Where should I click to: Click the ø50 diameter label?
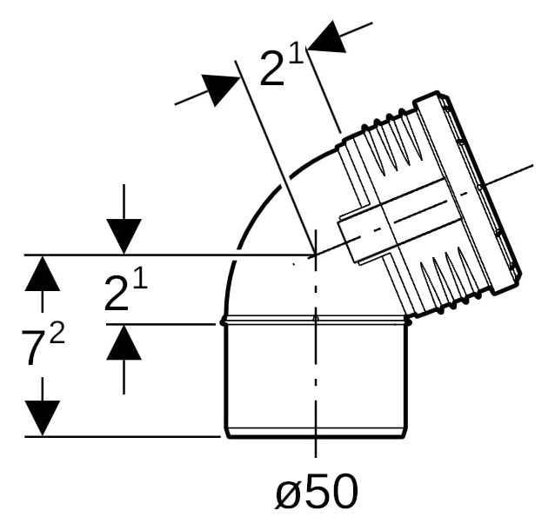[317, 491]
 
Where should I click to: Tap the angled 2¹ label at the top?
[282, 68]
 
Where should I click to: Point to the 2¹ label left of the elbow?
[125, 291]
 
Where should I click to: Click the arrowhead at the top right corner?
[328, 36]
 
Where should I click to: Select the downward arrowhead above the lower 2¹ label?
[124, 236]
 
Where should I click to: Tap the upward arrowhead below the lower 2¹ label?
[124, 342]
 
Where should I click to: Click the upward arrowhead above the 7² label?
[43, 273]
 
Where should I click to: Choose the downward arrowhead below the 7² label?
[43, 418]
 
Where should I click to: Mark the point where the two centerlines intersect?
[316, 255]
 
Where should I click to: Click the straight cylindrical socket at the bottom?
[316, 379]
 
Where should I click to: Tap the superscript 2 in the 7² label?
[57, 334]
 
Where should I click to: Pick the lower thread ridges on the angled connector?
[445, 279]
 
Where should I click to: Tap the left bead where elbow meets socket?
[223, 321]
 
